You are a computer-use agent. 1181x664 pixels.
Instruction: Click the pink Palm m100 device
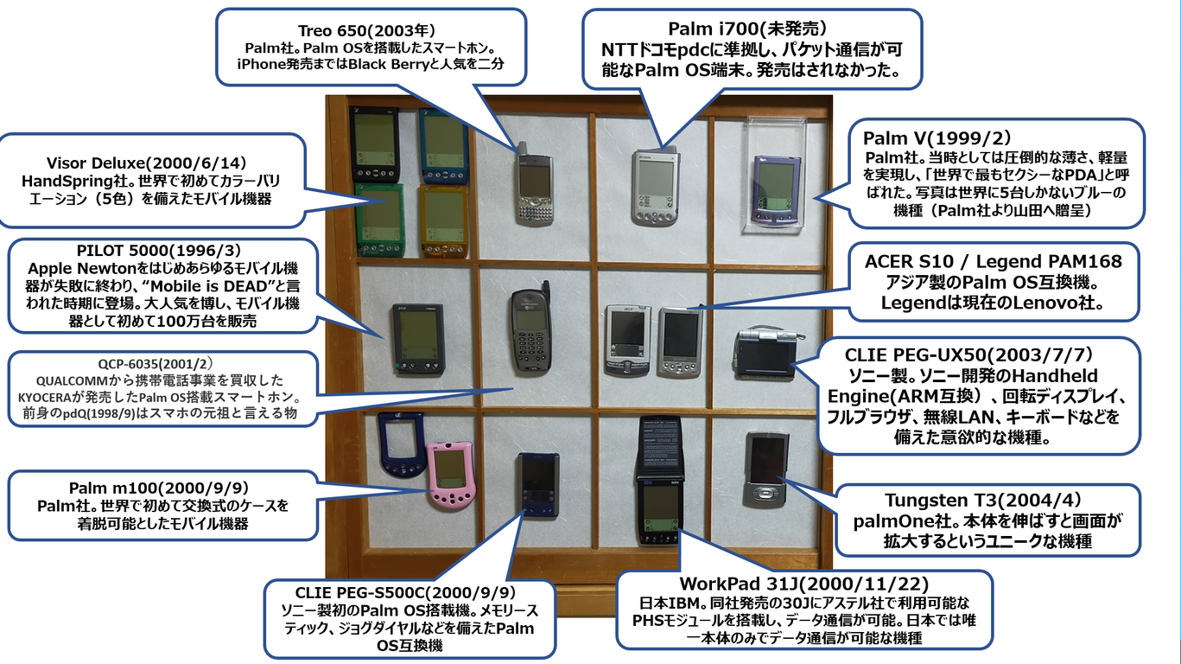pos(450,475)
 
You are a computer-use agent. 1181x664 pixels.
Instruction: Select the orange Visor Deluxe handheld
pos(442,220)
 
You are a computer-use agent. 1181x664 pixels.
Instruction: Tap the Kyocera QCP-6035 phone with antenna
pos(530,333)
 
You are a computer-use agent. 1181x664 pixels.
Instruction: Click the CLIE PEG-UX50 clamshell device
pos(765,354)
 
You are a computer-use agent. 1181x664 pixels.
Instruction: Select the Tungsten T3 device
pos(766,468)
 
